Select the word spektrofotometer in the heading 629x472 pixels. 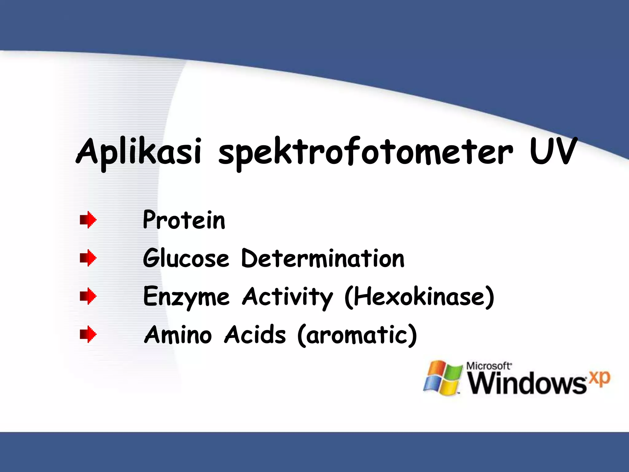[365, 153]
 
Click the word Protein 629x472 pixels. [184, 220]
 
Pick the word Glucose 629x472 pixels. [186, 258]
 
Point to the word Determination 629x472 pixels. [323, 258]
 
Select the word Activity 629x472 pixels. [287, 297]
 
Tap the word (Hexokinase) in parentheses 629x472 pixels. [419, 297]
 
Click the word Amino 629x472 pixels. [178, 335]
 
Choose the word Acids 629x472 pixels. [255, 335]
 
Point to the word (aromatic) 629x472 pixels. [357, 335]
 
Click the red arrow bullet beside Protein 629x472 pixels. [88, 220]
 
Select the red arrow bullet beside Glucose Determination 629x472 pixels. [88, 258]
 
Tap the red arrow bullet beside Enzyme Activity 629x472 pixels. [88, 296]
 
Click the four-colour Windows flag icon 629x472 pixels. [443, 378]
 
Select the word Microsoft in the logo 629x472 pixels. [488, 366]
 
